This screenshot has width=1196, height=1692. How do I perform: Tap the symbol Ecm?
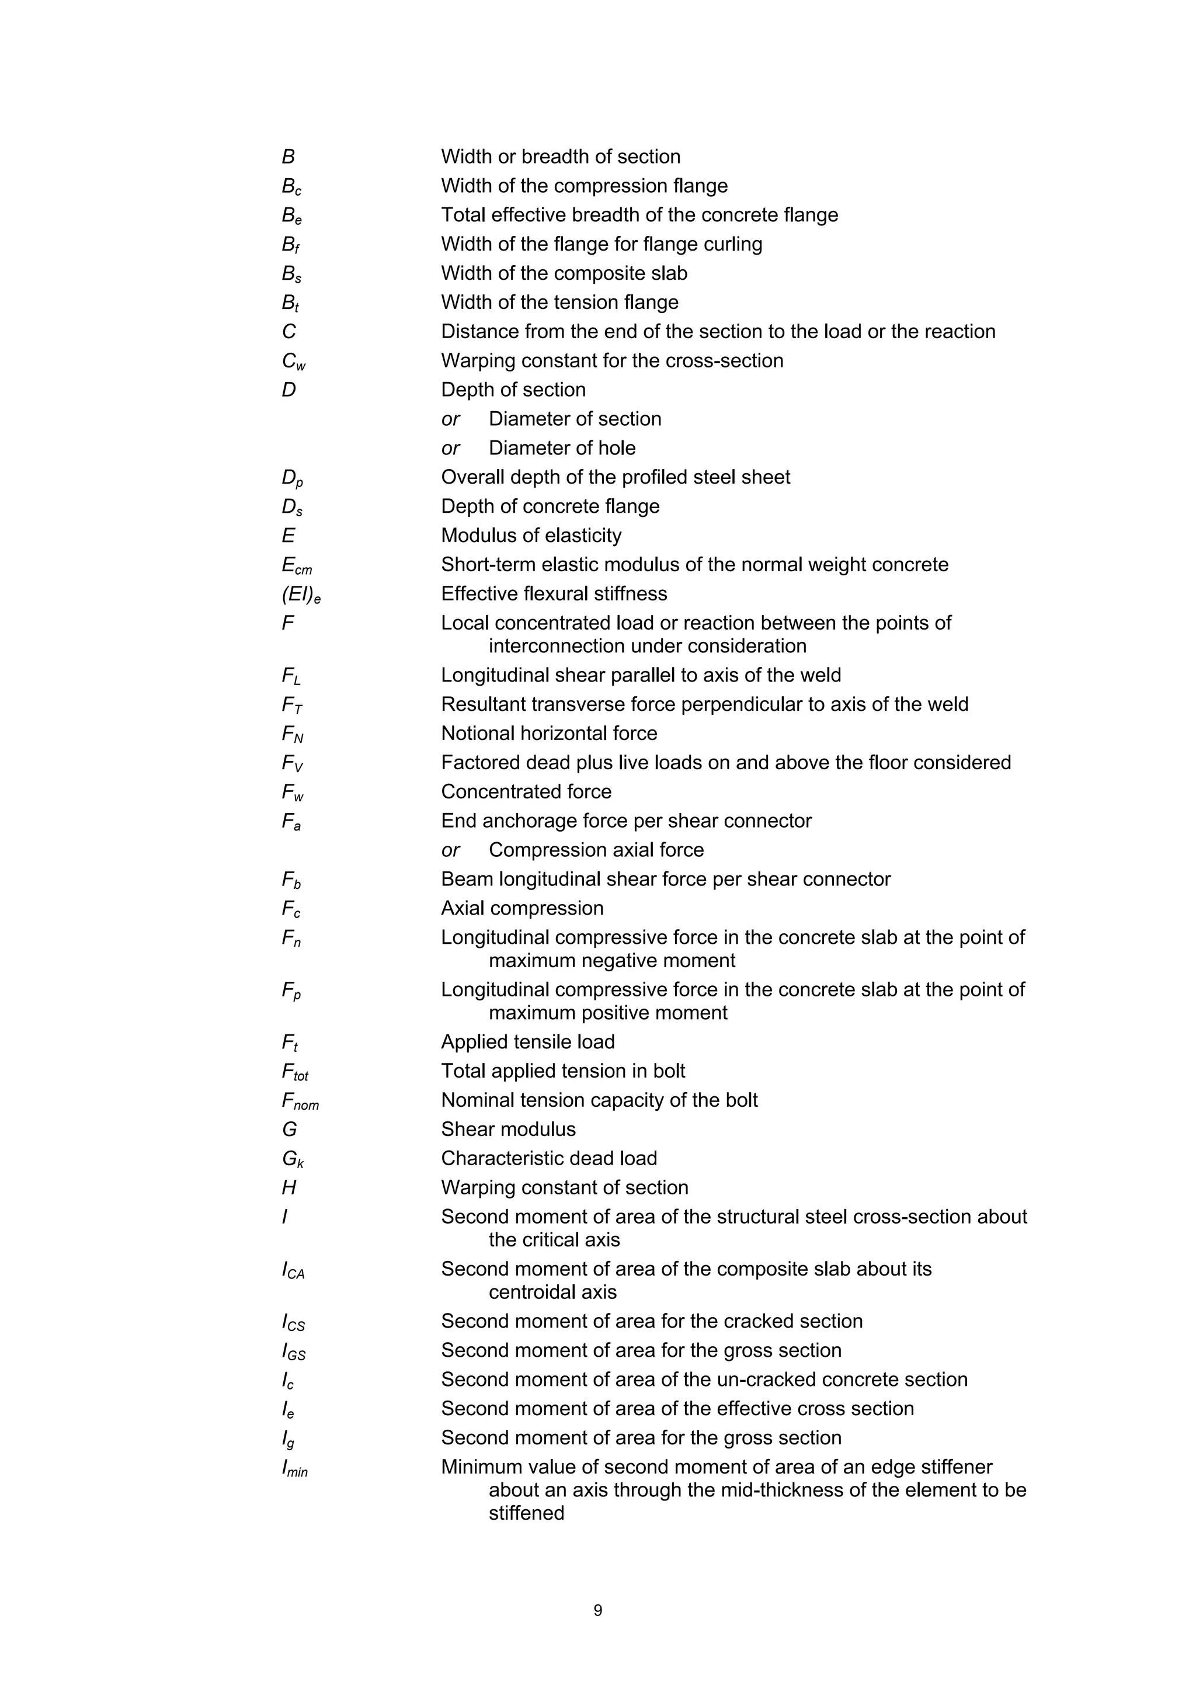(x=296, y=566)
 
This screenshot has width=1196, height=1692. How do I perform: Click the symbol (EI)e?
(x=301, y=595)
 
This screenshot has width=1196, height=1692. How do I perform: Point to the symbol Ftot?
(x=295, y=1072)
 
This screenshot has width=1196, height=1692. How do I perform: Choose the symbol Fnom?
(x=300, y=1101)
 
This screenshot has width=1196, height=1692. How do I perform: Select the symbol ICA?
(x=293, y=1270)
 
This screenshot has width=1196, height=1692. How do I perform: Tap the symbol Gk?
(x=293, y=1159)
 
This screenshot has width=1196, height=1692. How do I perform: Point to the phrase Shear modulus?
(x=509, y=1129)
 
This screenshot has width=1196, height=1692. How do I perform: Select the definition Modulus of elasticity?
(x=531, y=535)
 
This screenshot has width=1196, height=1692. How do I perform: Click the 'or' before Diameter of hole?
(x=450, y=448)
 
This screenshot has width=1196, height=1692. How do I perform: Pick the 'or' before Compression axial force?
(x=450, y=850)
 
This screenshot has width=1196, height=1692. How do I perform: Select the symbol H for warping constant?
(x=289, y=1187)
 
